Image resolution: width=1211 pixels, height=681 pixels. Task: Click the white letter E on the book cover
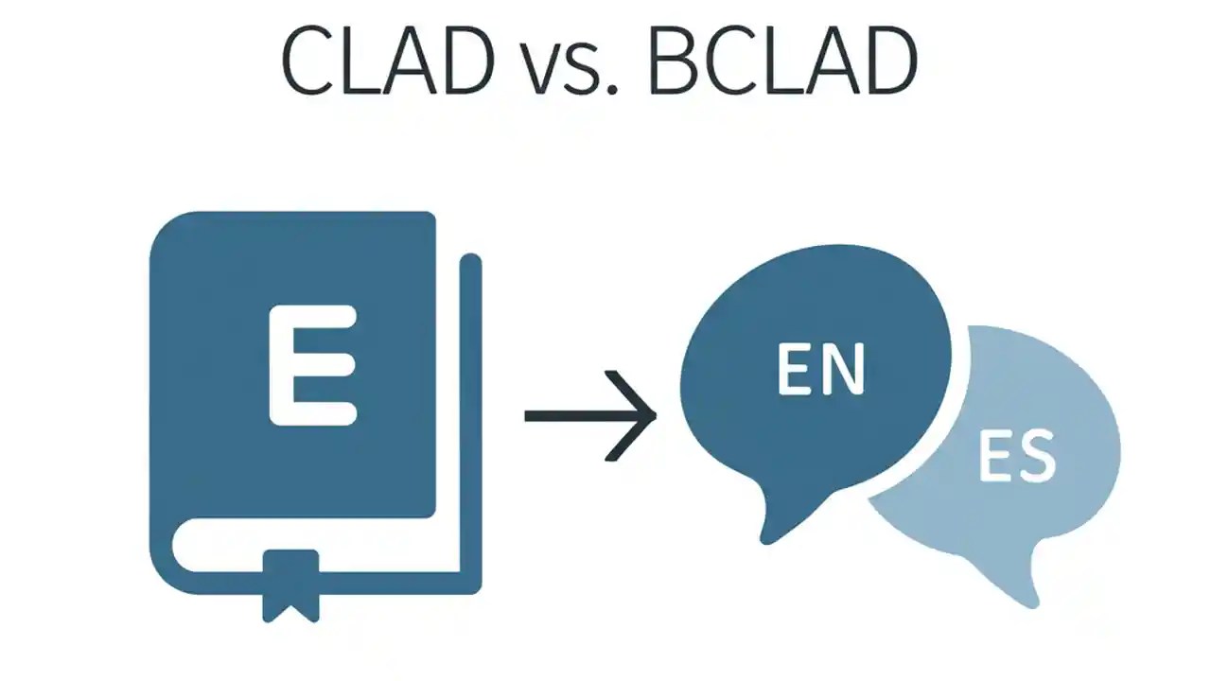312,365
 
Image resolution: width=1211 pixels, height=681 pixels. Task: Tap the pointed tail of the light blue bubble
1027,591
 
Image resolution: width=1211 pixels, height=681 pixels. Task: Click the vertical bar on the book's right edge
470,416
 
